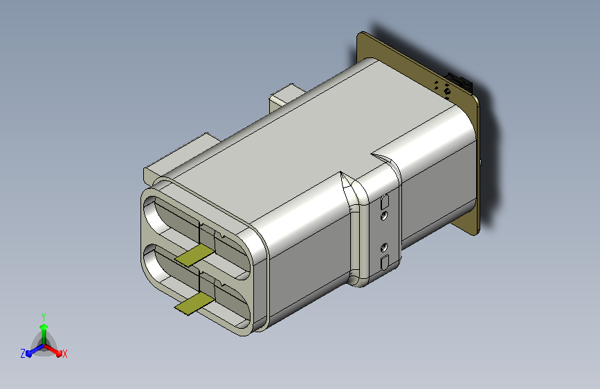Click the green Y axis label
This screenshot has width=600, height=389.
click(44, 317)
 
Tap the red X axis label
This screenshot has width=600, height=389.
click(64, 354)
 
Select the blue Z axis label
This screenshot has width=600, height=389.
click(23, 354)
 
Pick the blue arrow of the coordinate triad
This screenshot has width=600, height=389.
click(35, 350)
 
